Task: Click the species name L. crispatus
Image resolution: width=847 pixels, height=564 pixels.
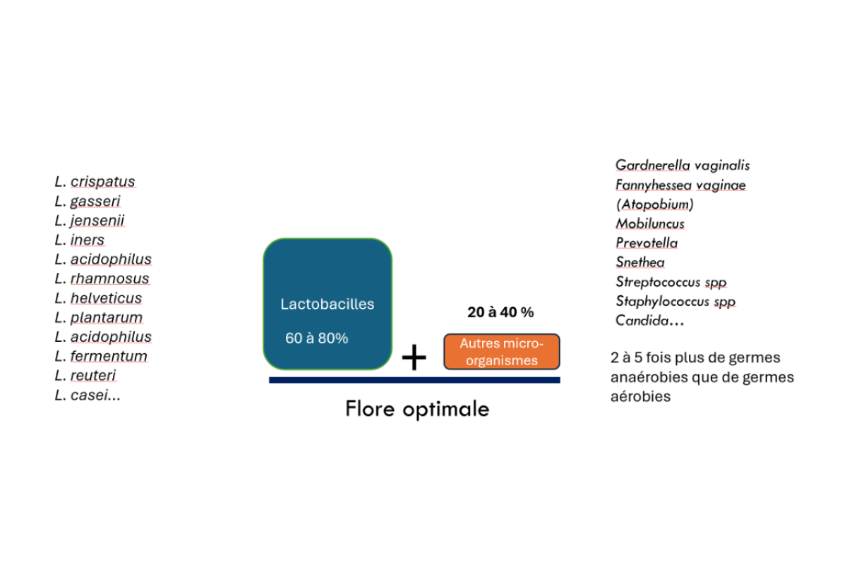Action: pos(95,182)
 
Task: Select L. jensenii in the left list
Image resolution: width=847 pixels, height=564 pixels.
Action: pos(89,221)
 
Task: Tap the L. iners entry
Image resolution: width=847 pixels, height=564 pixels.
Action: pos(79,240)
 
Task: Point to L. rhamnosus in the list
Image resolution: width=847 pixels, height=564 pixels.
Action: pos(102,278)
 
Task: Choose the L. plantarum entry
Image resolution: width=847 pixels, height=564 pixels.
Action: pos(99,317)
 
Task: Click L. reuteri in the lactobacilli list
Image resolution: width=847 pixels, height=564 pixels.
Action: pos(85,376)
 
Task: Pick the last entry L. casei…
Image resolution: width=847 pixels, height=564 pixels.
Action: pos(88,395)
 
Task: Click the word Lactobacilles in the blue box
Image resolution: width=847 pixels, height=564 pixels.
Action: pos(327,304)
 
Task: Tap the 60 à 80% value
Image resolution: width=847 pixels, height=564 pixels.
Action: pos(316,338)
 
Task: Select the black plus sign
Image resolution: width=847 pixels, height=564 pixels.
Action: pos(414,357)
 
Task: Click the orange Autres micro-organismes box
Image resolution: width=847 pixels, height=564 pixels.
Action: pos(502,352)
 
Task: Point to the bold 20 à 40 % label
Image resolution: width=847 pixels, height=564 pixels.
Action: pos(500,312)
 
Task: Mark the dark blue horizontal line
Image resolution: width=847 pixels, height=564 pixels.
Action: pos(414,380)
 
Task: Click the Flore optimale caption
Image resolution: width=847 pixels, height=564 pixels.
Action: pos(417,409)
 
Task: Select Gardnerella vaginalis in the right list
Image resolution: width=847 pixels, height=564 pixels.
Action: pos(683,166)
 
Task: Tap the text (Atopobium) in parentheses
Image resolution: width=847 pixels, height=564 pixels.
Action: pos(655,204)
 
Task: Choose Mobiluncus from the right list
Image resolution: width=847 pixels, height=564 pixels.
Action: pos(650,223)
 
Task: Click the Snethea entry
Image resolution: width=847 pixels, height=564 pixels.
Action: pos(639,262)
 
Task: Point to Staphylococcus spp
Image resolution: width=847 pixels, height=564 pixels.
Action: pos(675,302)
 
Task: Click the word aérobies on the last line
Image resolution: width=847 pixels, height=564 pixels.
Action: pos(641,397)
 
